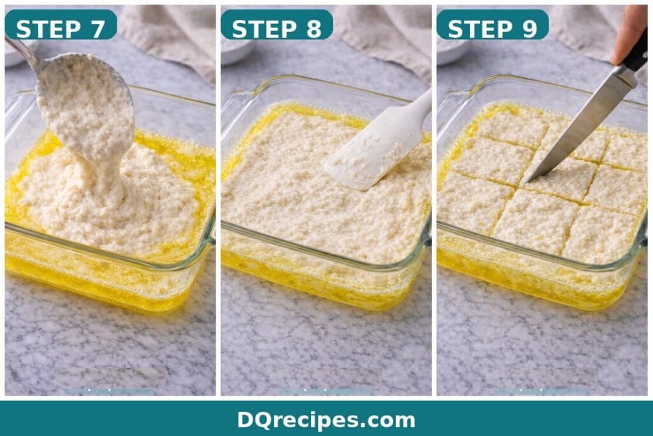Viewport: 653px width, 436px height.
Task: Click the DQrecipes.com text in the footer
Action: pyautogui.click(x=326, y=419)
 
